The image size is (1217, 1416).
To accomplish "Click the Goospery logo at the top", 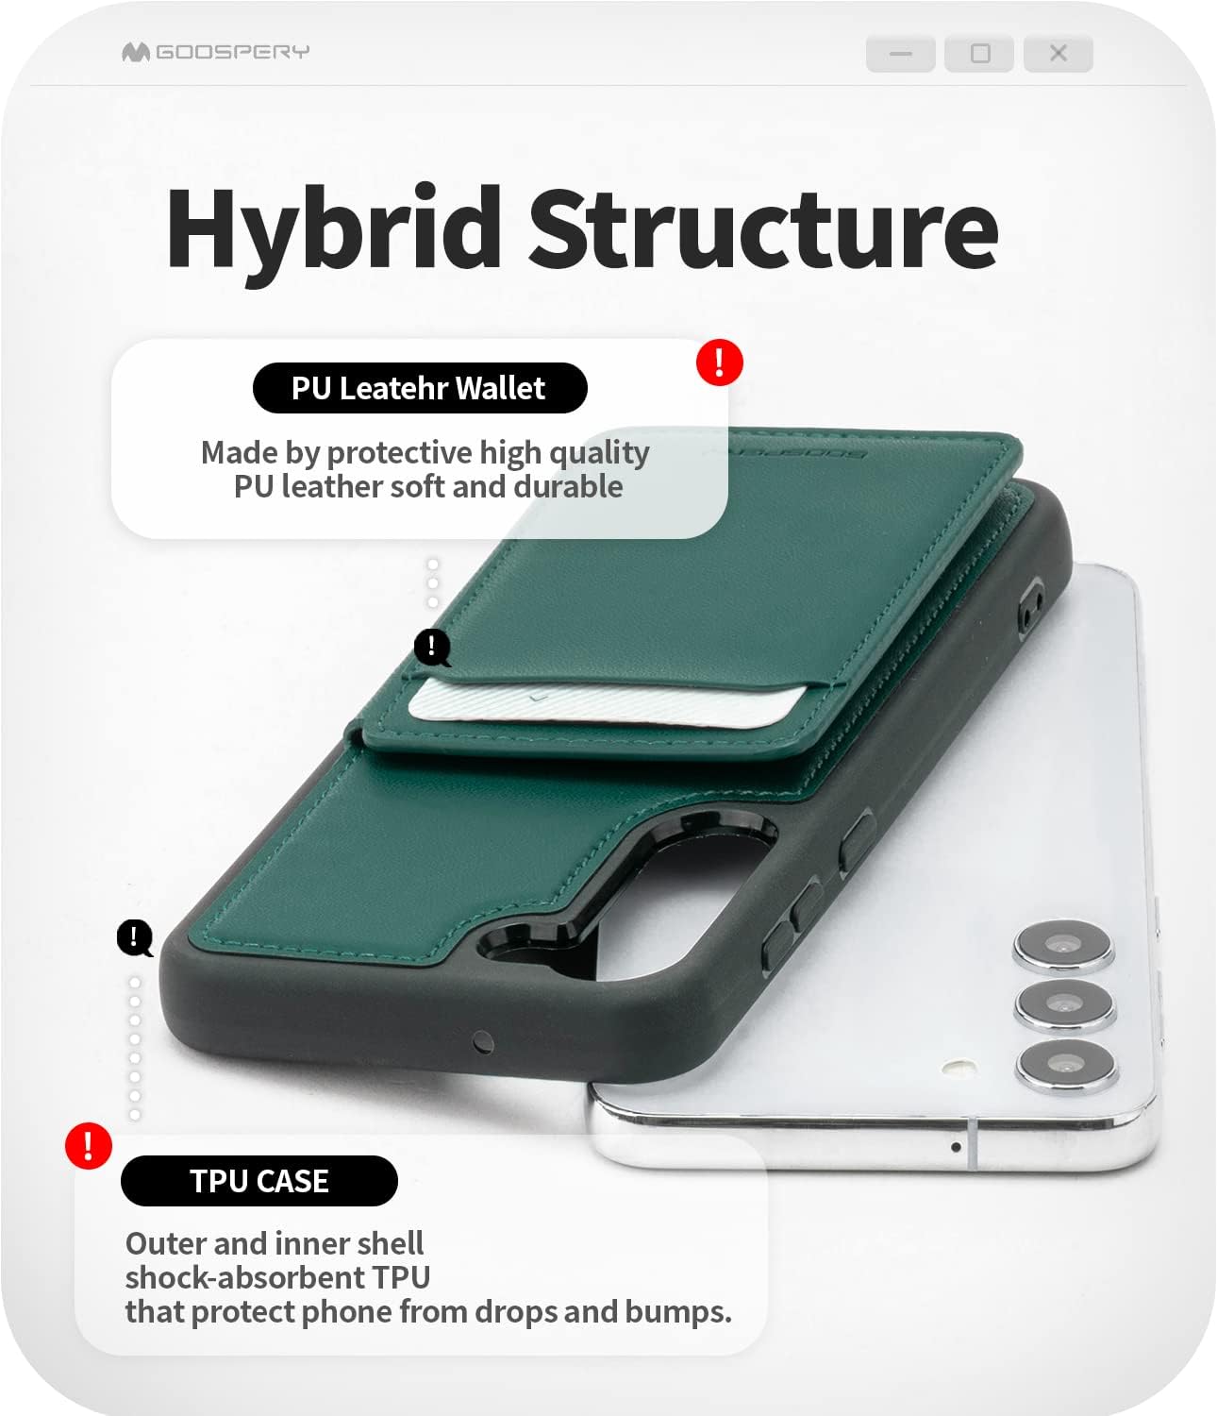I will (x=215, y=52).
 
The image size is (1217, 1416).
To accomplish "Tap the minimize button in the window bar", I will (x=901, y=54).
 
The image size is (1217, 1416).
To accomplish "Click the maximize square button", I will (x=980, y=54).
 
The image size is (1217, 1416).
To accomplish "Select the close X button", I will (x=1059, y=54).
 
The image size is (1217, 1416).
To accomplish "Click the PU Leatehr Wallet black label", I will (x=420, y=388).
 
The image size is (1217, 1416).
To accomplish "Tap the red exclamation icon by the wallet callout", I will (x=720, y=362).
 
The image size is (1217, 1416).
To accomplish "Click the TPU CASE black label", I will (x=259, y=1181).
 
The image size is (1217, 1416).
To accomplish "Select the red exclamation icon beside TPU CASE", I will (x=89, y=1146).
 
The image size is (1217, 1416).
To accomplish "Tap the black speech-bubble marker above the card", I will (x=432, y=647).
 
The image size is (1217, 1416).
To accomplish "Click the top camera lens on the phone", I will (x=1063, y=946).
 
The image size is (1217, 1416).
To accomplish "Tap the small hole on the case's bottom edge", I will (x=483, y=1042).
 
